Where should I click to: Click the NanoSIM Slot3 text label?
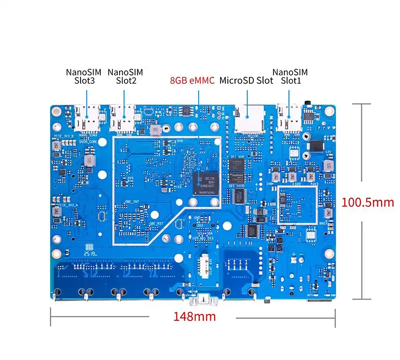[x=84, y=76]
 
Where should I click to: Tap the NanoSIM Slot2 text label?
[x=125, y=76]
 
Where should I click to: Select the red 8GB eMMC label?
[x=192, y=81]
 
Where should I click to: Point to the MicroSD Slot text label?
[x=246, y=81]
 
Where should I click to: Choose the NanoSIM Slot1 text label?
[x=290, y=76]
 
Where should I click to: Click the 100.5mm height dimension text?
[x=368, y=202]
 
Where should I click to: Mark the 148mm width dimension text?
[x=194, y=317]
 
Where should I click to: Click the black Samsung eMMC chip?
[x=206, y=183]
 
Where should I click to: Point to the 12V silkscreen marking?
[x=328, y=152]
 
